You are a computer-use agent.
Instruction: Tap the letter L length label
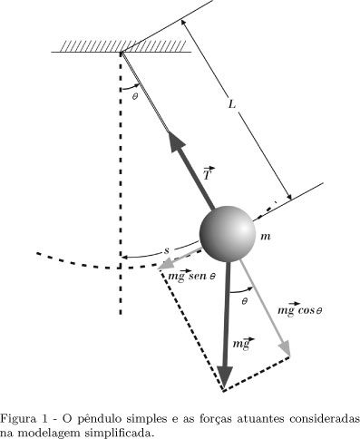click(233, 106)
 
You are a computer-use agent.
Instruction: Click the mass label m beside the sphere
click(266, 237)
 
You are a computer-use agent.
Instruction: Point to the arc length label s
click(165, 249)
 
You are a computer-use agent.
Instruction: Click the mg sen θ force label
click(190, 273)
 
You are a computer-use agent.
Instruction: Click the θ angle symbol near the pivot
click(134, 93)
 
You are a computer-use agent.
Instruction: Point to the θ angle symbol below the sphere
click(242, 301)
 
